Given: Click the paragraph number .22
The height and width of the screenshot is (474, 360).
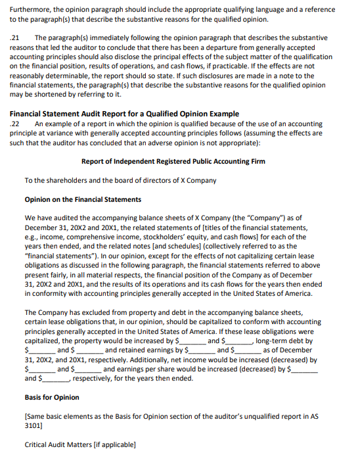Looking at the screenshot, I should click(x=16, y=124).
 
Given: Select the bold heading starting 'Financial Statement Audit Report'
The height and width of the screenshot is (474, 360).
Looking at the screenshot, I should click(x=125, y=114).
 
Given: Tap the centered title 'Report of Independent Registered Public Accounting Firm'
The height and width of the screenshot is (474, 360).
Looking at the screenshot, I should click(x=173, y=162).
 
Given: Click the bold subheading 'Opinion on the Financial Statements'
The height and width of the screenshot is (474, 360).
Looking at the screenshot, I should click(x=83, y=199).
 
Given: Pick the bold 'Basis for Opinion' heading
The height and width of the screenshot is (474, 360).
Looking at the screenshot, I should click(x=53, y=398).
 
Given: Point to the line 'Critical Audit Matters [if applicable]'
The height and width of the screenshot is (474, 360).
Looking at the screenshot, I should click(x=80, y=445).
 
